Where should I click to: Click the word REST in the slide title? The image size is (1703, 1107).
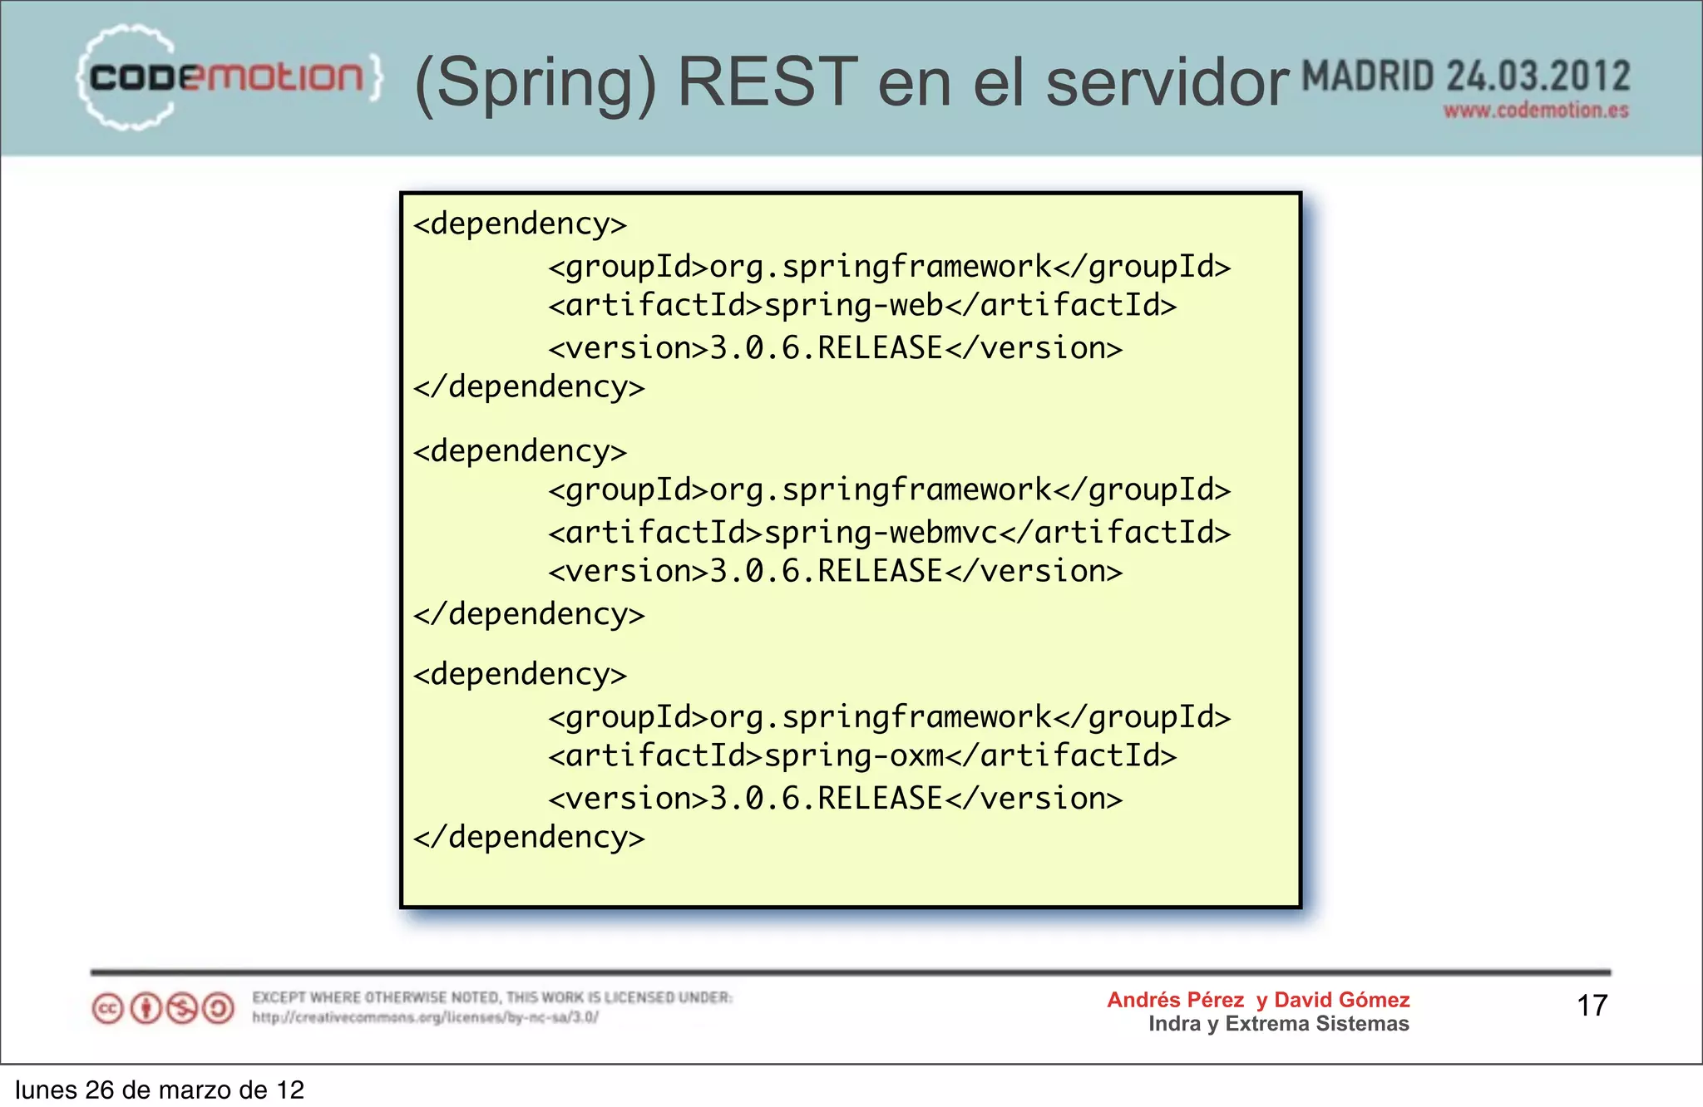(x=767, y=82)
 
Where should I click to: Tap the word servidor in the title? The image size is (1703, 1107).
(x=1167, y=84)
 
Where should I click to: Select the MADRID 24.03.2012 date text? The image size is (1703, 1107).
(x=1465, y=76)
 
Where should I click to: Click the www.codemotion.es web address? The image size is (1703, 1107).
(x=1535, y=111)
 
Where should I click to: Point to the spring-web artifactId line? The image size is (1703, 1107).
(x=862, y=306)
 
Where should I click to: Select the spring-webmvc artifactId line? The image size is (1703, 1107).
(x=889, y=533)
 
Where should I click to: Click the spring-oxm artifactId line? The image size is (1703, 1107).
(x=862, y=756)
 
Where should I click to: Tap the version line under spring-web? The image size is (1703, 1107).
(x=835, y=348)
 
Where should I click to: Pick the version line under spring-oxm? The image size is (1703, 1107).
(x=835, y=799)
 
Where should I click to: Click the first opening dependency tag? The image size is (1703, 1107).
(x=520, y=224)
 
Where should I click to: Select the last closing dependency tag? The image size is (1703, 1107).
(x=529, y=837)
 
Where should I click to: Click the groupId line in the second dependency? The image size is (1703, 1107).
(x=889, y=490)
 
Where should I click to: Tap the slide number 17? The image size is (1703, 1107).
(x=1592, y=1006)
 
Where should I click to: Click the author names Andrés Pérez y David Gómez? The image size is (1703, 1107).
(x=1258, y=1000)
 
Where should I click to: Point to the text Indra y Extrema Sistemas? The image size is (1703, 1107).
(x=1278, y=1024)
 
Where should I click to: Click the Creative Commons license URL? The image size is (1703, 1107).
(x=425, y=1017)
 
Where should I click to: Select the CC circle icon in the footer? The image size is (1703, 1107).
(x=108, y=1009)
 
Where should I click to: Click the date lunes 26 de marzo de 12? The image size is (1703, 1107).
(x=160, y=1090)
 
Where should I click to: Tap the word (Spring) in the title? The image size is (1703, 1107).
(x=535, y=84)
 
